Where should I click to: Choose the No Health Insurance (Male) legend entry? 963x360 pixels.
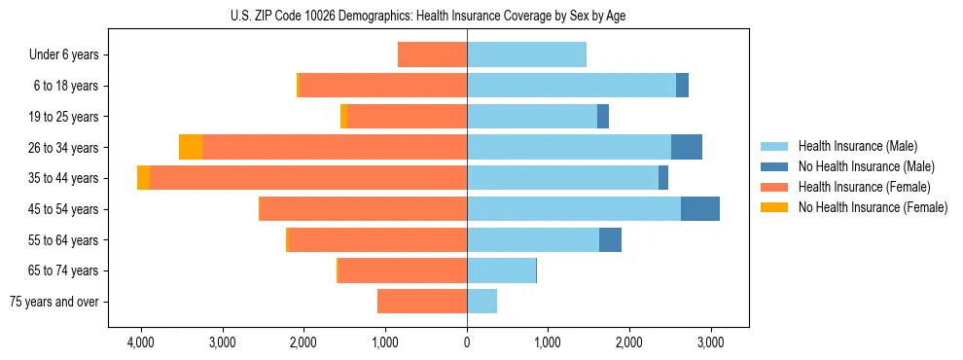click(860, 166)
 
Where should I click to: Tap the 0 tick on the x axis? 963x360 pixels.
click(467, 342)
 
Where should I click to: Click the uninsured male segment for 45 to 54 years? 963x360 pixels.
click(700, 208)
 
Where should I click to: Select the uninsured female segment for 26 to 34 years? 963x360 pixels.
click(191, 147)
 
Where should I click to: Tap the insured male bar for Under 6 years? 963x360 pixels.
click(526, 54)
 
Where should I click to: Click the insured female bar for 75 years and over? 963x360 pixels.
click(422, 302)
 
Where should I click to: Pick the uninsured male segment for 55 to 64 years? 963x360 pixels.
click(610, 239)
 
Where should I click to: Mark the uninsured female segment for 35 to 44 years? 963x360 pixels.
click(144, 178)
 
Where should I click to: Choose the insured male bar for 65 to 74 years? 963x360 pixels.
click(501, 270)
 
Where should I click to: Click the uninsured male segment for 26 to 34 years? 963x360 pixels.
click(687, 147)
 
